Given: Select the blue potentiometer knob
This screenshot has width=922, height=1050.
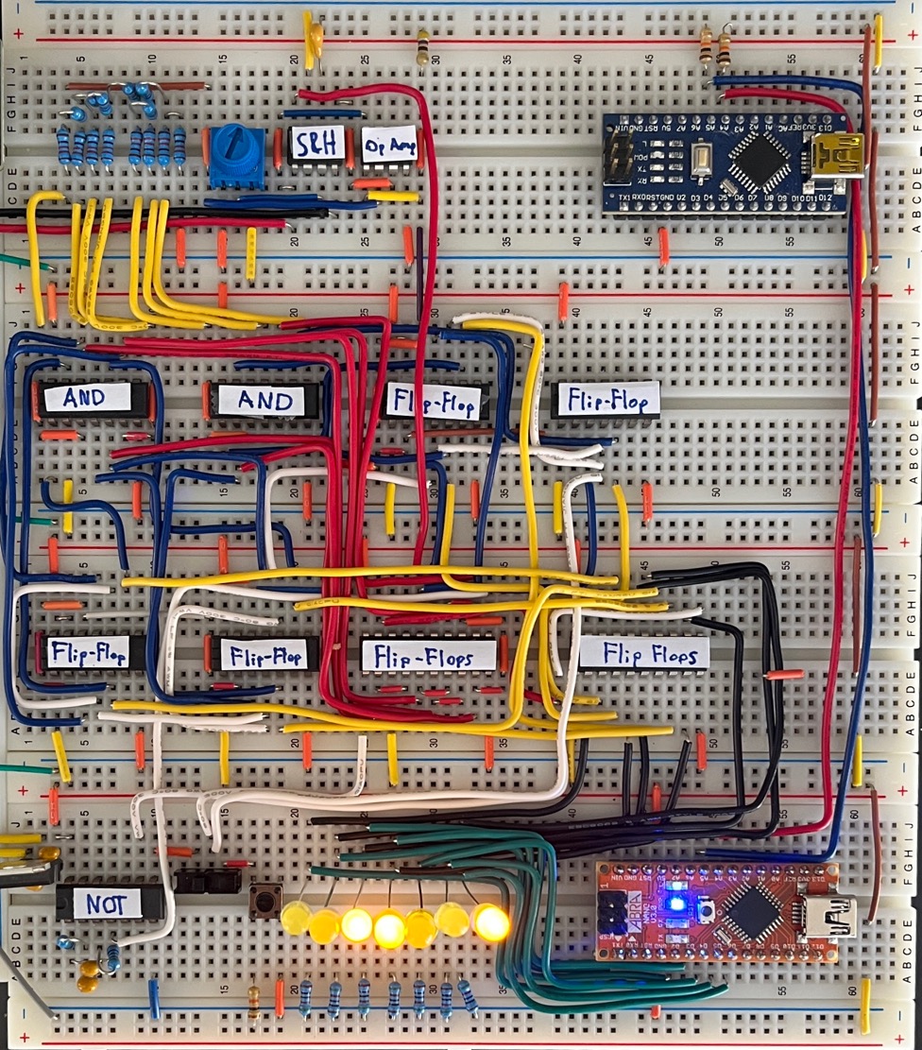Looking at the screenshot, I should (x=237, y=151).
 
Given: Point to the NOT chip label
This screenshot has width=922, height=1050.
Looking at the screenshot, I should (x=107, y=903).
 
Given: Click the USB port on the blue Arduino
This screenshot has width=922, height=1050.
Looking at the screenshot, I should (x=837, y=154).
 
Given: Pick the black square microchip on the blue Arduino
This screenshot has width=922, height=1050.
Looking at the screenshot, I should (x=760, y=155).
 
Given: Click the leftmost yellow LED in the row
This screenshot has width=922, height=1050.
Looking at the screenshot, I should (x=295, y=916).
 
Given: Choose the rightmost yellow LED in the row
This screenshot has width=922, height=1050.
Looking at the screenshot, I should (x=490, y=921).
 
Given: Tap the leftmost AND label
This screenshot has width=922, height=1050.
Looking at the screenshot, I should (x=88, y=398).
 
